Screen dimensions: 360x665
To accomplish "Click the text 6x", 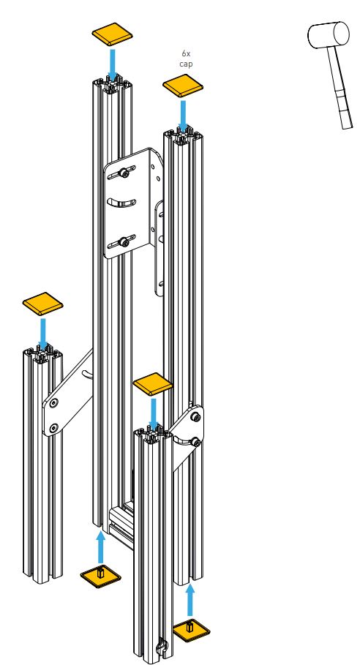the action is [x=186, y=54].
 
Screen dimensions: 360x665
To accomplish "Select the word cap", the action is [x=186, y=64].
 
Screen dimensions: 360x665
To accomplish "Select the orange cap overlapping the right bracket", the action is [x=153, y=384].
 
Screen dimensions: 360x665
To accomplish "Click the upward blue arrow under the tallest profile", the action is [x=100, y=547].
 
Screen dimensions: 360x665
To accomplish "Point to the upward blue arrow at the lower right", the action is [x=190, y=600].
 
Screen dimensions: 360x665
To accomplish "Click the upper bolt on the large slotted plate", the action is [x=124, y=172].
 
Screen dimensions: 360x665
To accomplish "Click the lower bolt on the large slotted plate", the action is [x=124, y=243].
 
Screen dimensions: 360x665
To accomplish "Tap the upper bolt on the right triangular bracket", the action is [x=195, y=418].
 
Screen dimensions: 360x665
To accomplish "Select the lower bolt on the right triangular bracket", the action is [x=195, y=443].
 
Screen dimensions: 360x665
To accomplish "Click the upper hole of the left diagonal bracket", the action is [x=54, y=403].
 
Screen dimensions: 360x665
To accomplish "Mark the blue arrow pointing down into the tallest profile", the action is [x=113, y=64].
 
